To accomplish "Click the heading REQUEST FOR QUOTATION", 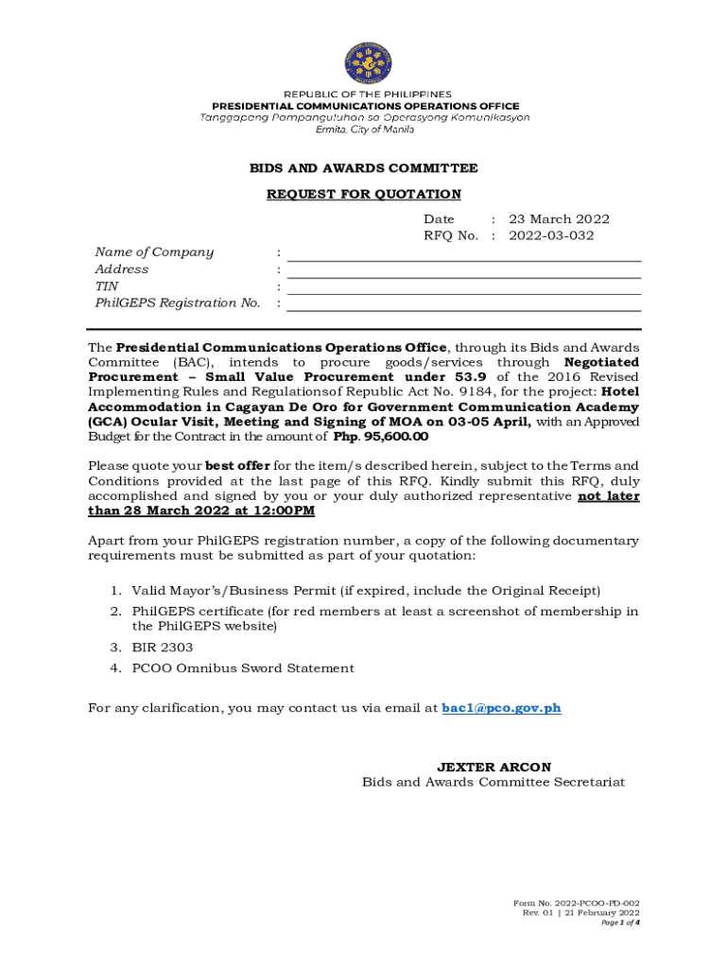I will tap(364, 195).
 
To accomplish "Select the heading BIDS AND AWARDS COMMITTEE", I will tap(364, 168).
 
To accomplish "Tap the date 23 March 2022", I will tap(559, 219).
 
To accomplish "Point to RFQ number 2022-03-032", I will tap(551, 235).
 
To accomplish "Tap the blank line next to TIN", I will tap(463, 287).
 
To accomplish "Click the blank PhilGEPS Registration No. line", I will tap(463, 304).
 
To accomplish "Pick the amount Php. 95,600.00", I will tap(381, 437).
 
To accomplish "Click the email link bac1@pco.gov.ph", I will tap(501, 708).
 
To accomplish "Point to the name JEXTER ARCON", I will tap(494, 767).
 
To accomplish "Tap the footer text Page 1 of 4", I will tap(620, 923).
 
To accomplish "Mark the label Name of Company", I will tap(154, 252).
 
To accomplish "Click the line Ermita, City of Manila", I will tap(364, 130).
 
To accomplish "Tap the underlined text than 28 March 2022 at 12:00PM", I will tap(201, 511).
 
